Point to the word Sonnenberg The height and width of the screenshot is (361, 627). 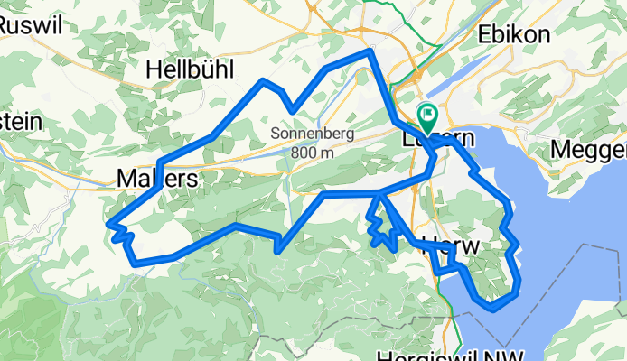pyautogui.click(x=313, y=134)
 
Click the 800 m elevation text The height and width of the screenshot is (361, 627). pyautogui.click(x=313, y=152)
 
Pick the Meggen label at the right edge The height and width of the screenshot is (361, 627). pyautogui.click(x=592, y=149)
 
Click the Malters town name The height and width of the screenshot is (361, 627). pyautogui.click(x=157, y=179)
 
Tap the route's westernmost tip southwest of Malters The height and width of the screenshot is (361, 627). pyautogui.click(x=108, y=223)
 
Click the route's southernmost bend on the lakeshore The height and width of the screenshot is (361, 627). pyautogui.click(x=492, y=309)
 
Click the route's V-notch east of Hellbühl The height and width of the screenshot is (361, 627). pyautogui.click(x=292, y=111)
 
